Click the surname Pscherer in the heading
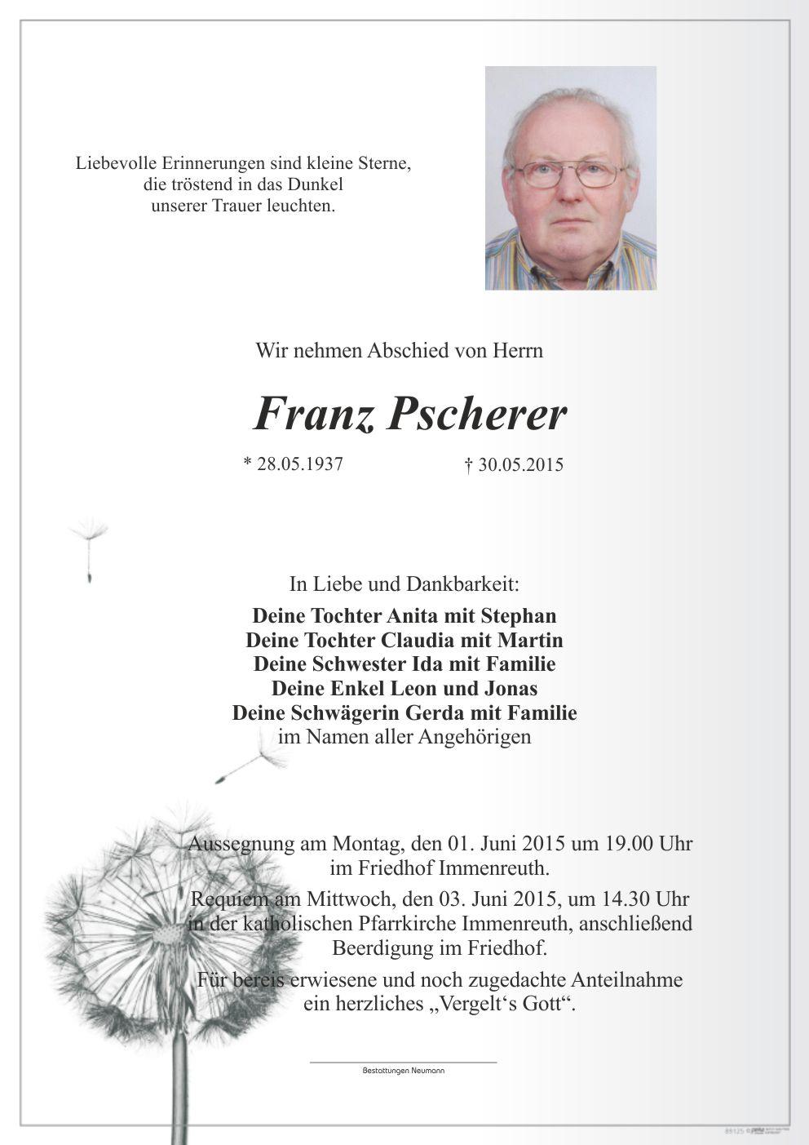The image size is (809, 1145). [475, 415]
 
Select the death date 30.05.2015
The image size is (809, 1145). [519, 465]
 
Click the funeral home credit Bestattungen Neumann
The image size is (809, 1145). [404, 1070]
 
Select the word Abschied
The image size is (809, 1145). [407, 351]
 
